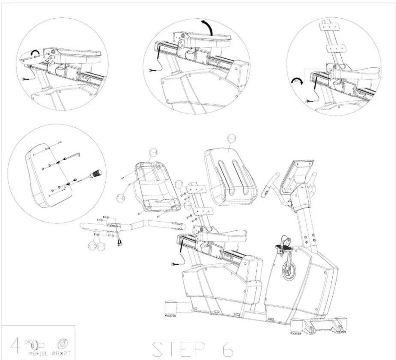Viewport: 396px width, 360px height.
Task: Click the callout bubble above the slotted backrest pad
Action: tap(231, 139)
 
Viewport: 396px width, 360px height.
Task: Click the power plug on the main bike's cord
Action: tap(174, 265)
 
